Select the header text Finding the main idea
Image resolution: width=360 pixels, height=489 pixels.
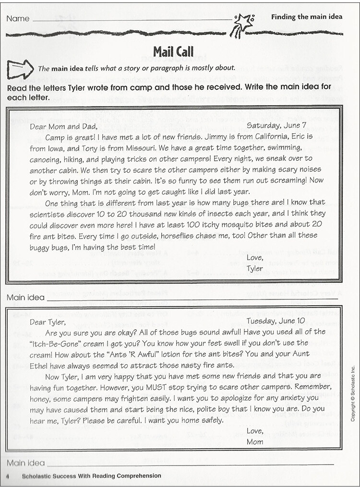pos(307,17)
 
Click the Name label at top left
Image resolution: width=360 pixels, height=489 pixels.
pos(18,19)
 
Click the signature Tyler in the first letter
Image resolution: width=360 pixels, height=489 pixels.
pos(255,268)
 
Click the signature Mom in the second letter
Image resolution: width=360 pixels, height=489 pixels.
pos(255,441)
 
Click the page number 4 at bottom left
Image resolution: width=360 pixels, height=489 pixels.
pos(9,476)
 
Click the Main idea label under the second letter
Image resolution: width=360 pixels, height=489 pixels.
pos(25,463)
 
